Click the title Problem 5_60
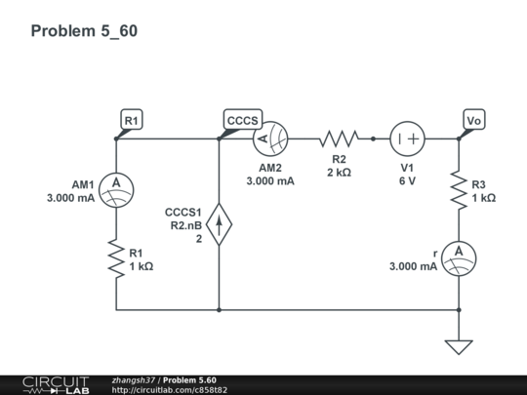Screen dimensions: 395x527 click(84, 31)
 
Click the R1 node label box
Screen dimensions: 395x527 click(131, 120)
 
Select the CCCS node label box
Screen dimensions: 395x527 click(242, 120)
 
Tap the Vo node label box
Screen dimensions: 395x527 click(474, 120)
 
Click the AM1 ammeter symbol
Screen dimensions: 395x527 click(116, 185)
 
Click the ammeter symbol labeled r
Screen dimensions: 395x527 click(458, 254)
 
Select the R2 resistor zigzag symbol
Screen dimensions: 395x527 click(339, 139)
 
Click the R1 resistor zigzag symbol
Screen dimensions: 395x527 click(116, 259)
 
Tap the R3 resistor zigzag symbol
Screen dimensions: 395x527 click(458, 190)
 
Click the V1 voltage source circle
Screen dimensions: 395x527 click(407, 139)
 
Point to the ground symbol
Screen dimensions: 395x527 click(458, 345)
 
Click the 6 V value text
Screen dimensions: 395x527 click(407, 180)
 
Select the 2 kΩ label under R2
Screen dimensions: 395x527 click(339, 172)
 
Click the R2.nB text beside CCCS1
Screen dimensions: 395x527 click(185, 225)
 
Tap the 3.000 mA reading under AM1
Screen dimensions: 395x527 click(70, 198)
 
